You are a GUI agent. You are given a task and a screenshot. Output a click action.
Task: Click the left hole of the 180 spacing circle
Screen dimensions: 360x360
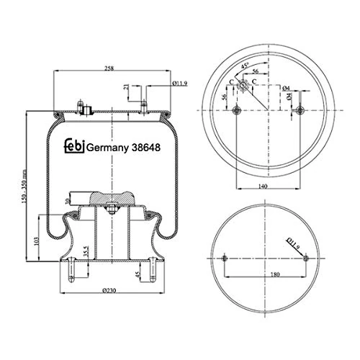coord(225,258)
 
